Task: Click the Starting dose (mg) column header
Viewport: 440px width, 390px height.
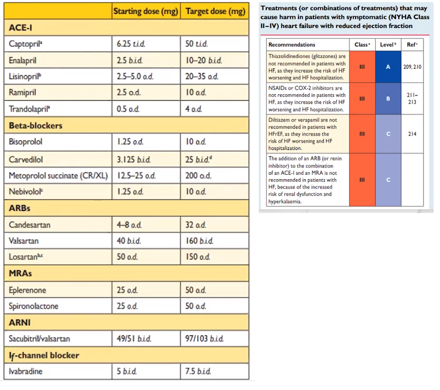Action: click(146, 11)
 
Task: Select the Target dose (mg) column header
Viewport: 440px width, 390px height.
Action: click(214, 11)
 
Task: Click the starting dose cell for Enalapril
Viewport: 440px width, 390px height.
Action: click(129, 60)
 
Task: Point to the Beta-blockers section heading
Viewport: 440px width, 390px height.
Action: click(36, 126)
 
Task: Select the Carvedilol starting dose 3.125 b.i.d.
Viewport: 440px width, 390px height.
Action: click(134, 159)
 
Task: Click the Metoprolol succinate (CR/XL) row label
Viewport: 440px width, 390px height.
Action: click(59, 175)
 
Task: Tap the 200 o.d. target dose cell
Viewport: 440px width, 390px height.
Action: click(198, 175)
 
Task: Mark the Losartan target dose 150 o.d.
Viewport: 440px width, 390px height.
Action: click(198, 257)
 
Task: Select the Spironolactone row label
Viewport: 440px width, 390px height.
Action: click(34, 306)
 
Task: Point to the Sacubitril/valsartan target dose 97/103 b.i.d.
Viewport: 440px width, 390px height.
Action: click(204, 339)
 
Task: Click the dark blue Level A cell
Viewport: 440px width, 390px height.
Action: click(388, 67)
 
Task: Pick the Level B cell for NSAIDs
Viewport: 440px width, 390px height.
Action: click(388, 99)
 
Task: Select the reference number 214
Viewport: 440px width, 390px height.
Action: click(412, 134)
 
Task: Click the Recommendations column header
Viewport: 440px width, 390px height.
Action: click(292, 45)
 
